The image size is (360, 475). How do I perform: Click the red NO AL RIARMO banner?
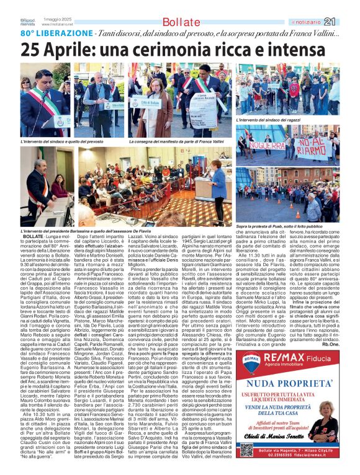point(313,148)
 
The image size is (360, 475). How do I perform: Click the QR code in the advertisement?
point(247,450)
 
